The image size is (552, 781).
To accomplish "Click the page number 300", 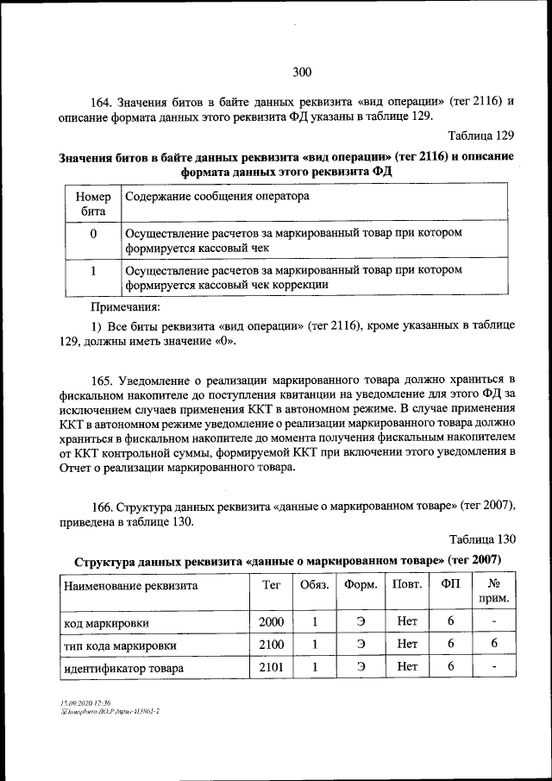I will tap(301, 72).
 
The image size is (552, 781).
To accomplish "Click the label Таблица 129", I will tap(482, 136).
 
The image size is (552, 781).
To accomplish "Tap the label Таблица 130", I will tap(482, 539).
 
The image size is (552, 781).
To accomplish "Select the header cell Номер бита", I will tap(93, 203).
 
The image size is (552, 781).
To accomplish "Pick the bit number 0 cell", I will tap(93, 235).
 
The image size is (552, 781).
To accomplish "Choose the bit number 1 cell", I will tap(93, 270).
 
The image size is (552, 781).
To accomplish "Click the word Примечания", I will tap(126, 306).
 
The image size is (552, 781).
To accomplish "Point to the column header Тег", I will tap(272, 584).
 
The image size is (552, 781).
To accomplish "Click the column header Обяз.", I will tap(314, 584).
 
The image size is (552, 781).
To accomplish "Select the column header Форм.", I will tap(361, 584).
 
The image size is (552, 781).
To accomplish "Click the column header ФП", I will tap(450, 584).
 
